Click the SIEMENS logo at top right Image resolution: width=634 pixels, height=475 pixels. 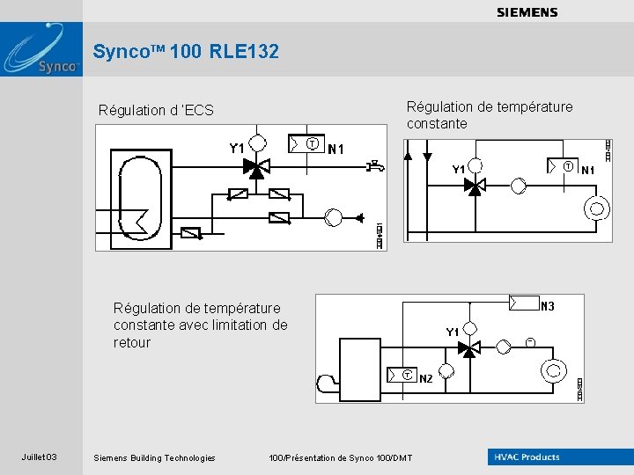[x=527, y=12]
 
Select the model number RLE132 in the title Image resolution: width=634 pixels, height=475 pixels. [x=245, y=52]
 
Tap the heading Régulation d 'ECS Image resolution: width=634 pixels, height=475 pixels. [x=156, y=110]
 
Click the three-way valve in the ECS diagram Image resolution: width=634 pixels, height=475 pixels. [x=256, y=169]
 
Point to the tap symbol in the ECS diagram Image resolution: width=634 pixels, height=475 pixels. [x=377, y=164]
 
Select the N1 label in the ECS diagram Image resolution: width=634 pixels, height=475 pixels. [x=335, y=149]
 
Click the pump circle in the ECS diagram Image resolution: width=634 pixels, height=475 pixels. [x=333, y=218]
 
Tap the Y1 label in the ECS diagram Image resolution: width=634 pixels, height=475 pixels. [x=236, y=149]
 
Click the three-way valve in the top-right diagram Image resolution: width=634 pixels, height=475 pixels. [x=475, y=186]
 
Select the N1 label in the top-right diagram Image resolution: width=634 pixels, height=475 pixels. [x=588, y=169]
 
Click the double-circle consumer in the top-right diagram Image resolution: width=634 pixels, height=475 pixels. [x=597, y=209]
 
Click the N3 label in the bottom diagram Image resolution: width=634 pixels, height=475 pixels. [x=548, y=306]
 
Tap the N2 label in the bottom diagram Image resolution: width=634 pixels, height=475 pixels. [x=425, y=378]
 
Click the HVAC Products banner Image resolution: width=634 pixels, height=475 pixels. [x=527, y=457]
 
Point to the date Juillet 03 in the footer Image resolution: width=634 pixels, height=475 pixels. [x=40, y=457]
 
